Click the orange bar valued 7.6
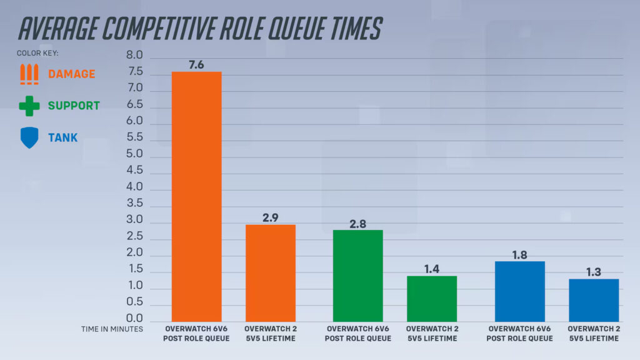(196, 196)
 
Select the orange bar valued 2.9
(270, 272)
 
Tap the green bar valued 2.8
(357, 276)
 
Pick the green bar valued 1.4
(431, 299)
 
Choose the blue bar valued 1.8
(519, 291)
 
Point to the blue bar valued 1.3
(593, 300)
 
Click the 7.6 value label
(196, 65)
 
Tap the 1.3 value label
(593, 272)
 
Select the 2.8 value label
(357, 223)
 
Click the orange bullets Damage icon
(29, 74)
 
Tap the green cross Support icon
(29, 106)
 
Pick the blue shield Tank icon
(29, 137)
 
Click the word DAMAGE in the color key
(72, 74)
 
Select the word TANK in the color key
(63, 137)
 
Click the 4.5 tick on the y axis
(135, 170)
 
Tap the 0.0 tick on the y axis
(135, 318)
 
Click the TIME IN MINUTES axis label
(112, 328)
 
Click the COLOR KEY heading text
(37, 53)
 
